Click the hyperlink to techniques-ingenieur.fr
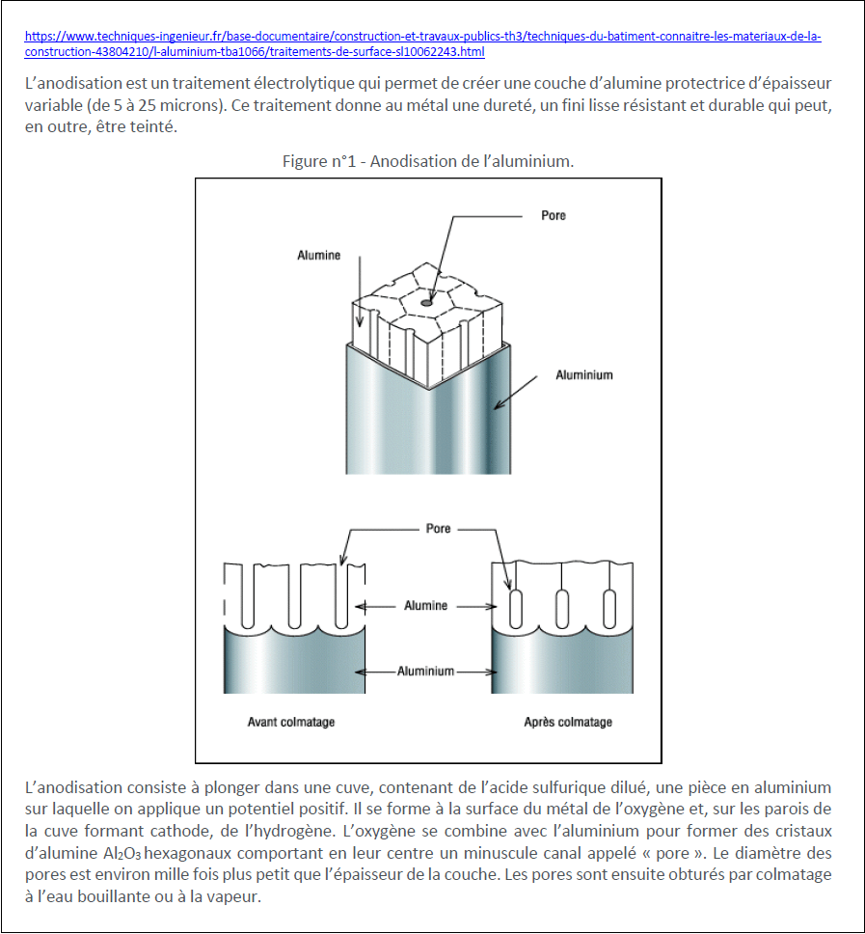pos(422,43)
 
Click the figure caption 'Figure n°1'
pos(318,161)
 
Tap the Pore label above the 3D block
pos(554,215)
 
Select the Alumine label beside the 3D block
pos(318,255)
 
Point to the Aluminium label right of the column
pos(584,374)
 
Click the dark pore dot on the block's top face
pos(427,303)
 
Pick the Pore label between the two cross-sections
pos(438,529)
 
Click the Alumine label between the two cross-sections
pos(425,605)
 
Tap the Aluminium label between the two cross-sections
pos(425,672)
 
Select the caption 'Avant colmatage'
pos(291,722)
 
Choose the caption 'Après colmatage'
pos(568,722)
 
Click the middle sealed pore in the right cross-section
pos(562,609)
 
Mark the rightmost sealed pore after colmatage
pos(609,609)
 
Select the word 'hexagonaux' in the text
pos(187,854)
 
